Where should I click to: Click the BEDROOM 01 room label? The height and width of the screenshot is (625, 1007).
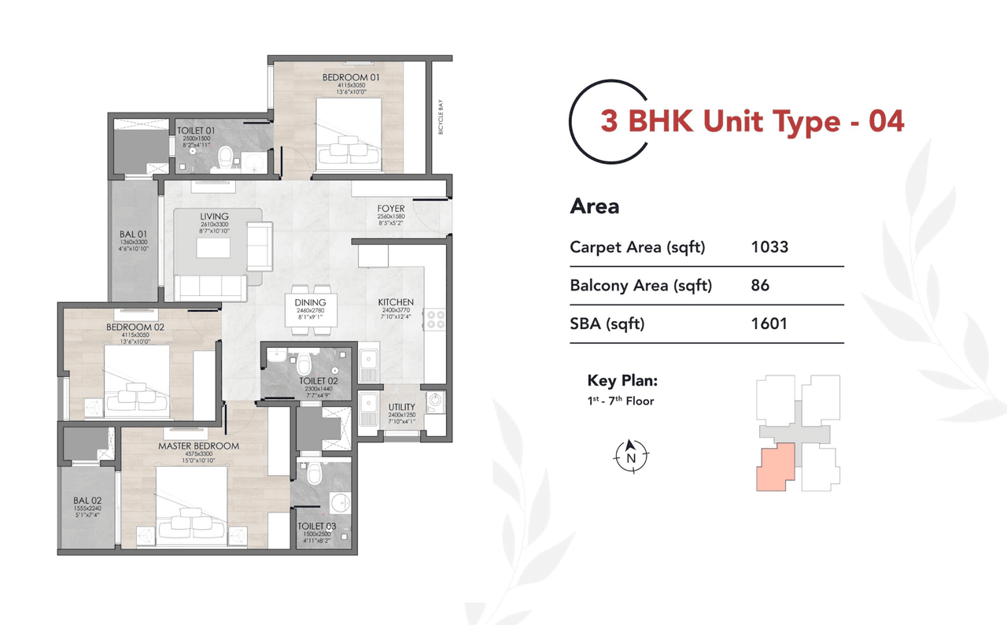[351, 77]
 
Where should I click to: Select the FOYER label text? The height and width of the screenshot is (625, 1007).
[390, 209]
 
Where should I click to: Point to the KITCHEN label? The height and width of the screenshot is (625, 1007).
[396, 302]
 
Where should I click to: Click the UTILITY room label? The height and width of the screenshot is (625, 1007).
[401, 407]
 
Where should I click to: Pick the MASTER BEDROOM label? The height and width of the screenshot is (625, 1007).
[198, 446]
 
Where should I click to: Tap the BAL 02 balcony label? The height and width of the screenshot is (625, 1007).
[88, 500]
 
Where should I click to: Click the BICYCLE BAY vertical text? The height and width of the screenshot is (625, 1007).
[442, 120]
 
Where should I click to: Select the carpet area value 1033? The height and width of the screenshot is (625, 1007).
[769, 247]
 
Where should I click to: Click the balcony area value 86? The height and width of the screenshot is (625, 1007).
[760, 286]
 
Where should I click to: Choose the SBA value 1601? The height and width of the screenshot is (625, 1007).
[769, 324]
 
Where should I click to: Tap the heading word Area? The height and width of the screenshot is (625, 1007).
[594, 207]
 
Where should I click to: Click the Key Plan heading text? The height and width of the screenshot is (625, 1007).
[622, 382]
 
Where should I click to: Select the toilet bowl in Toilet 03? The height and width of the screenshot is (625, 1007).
[315, 473]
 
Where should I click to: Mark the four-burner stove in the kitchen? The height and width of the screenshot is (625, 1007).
[435, 318]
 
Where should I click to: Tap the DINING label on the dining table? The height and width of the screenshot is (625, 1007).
[304, 303]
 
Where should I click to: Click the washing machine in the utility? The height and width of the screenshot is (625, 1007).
[435, 403]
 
